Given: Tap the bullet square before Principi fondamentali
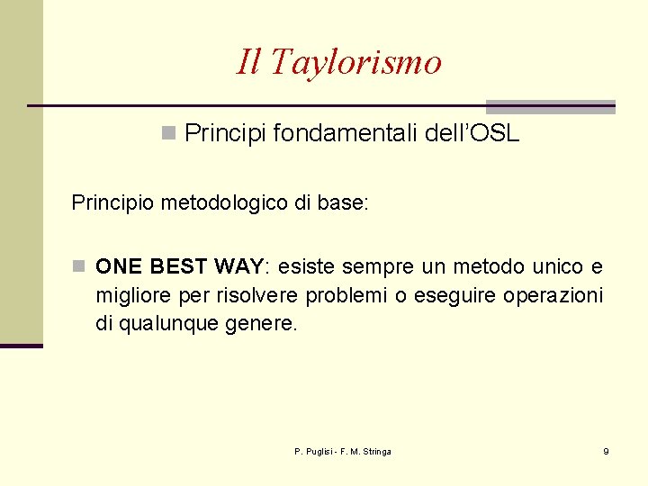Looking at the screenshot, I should pyautogui.click(x=167, y=134).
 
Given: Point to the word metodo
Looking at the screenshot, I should pyautogui.click(x=491, y=266).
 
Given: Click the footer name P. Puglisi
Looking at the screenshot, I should pyautogui.click(x=315, y=451).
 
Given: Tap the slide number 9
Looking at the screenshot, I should pyautogui.click(x=606, y=451).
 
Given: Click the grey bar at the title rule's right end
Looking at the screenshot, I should pyautogui.click(x=550, y=106).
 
